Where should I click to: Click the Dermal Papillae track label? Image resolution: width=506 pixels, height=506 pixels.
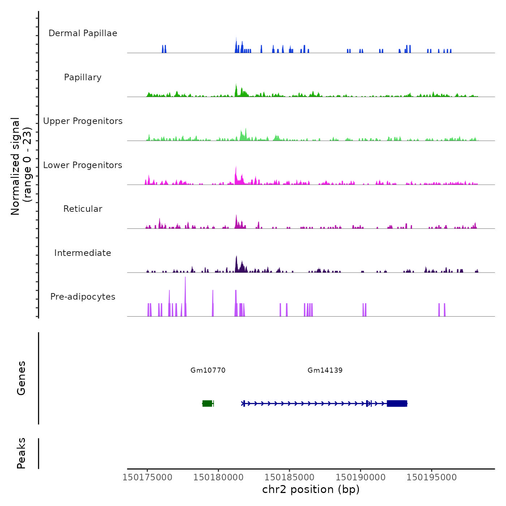[x=83, y=33]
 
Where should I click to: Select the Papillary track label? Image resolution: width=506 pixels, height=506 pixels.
[x=83, y=77]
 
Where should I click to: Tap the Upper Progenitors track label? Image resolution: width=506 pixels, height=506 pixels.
[x=83, y=121]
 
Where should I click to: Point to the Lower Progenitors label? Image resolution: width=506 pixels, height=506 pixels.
[x=83, y=165]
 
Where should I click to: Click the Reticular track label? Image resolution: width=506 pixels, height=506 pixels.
[x=83, y=209]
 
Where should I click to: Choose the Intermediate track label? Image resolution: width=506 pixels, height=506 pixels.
[x=83, y=253]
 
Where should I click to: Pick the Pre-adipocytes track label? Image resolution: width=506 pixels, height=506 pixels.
[x=83, y=297]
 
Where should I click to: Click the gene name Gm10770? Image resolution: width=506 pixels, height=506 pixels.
[x=208, y=370]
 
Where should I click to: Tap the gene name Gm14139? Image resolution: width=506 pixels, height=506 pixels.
[x=325, y=370]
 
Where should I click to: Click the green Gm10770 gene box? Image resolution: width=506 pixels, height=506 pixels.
[x=207, y=403]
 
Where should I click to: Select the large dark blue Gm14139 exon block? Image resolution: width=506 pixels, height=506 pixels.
[x=397, y=403]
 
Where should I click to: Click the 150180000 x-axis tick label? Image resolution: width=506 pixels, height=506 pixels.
[x=218, y=477]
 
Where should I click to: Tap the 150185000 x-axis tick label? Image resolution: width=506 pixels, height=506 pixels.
[x=289, y=477]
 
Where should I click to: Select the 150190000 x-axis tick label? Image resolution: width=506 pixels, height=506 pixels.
[x=360, y=477]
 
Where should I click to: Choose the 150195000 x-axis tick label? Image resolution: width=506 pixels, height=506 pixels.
[x=432, y=477]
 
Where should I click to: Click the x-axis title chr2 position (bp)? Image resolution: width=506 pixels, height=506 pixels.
[x=311, y=489]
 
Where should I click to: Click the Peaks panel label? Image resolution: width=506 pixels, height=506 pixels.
[x=21, y=453]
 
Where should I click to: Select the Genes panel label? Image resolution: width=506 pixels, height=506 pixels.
[x=21, y=378]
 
